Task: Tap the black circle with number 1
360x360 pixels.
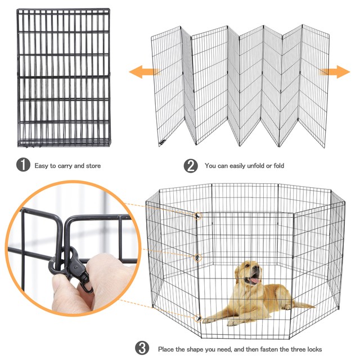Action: (22, 166)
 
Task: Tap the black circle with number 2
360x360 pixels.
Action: (191, 166)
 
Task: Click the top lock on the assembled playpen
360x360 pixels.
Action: (196, 216)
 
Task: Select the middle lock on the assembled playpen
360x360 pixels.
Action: (196, 257)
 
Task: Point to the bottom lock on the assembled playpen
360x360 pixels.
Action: (197, 318)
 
